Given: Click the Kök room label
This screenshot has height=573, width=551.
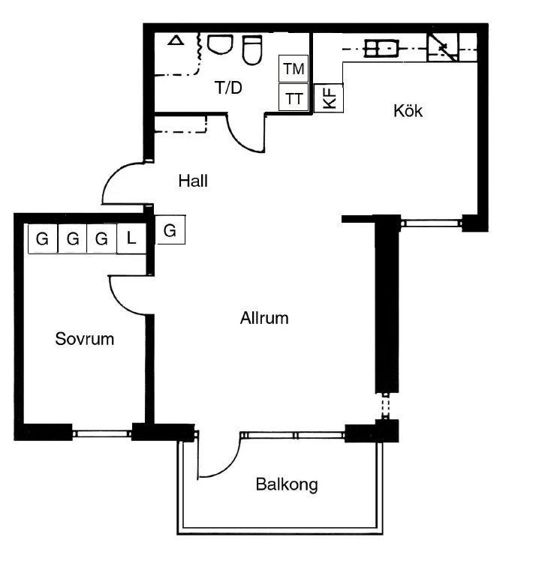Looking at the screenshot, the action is [x=408, y=111].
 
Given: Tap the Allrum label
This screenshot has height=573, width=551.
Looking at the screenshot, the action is [x=264, y=318].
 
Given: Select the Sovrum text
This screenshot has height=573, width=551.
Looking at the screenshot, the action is [x=85, y=339].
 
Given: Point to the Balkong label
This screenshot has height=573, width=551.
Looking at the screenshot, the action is [x=287, y=485].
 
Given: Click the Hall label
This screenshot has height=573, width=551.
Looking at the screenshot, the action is [x=193, y=181].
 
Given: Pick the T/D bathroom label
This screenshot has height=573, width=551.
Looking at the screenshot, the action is [x=228, y=88].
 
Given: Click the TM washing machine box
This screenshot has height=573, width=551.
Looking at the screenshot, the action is [x=294, y=69].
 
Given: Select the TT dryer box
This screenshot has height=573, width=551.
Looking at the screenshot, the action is [x=294, y=97].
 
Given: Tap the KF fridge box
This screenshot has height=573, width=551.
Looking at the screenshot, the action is [x=329, y=98].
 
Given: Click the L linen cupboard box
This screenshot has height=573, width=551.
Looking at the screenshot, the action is [x=131, y=238].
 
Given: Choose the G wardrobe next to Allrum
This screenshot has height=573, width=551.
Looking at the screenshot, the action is [x=170, y=229].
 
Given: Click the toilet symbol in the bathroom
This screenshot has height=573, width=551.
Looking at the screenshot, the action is [x=252, y=50].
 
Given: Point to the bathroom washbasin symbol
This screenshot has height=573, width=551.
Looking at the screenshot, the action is [x=220, y=44].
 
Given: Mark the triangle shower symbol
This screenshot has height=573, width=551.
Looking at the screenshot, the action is [x=176, y=40].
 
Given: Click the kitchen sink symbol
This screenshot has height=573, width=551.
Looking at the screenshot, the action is [x=381, y=48].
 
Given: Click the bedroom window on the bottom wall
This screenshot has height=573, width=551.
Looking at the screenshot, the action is [x=102, y=433].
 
